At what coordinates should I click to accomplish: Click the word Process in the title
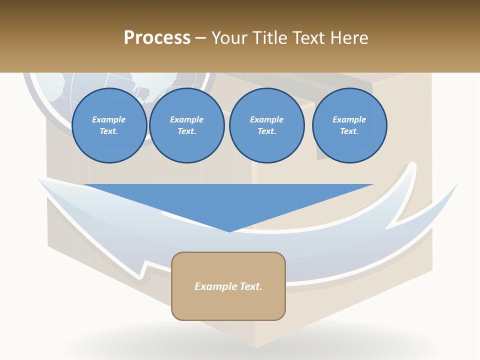pyautogui.click(x=157, y=38)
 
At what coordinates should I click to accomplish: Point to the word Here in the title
pyautogui.click(x=349, y=38)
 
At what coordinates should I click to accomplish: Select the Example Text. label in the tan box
pyautogui.click(x=228, y=286)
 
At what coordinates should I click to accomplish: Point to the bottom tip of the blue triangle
pyautogui.click(x=229, y=231)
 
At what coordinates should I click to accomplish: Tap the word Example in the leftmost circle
pyautogui.click(x=109, y=119)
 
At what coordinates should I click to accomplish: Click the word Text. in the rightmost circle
pyautogui.click(x=349, y=131)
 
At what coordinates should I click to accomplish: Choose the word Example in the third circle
pyautogui.click(x=266, y=119)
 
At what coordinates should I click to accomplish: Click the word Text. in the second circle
pyautogui.click(x=186, y=131)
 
